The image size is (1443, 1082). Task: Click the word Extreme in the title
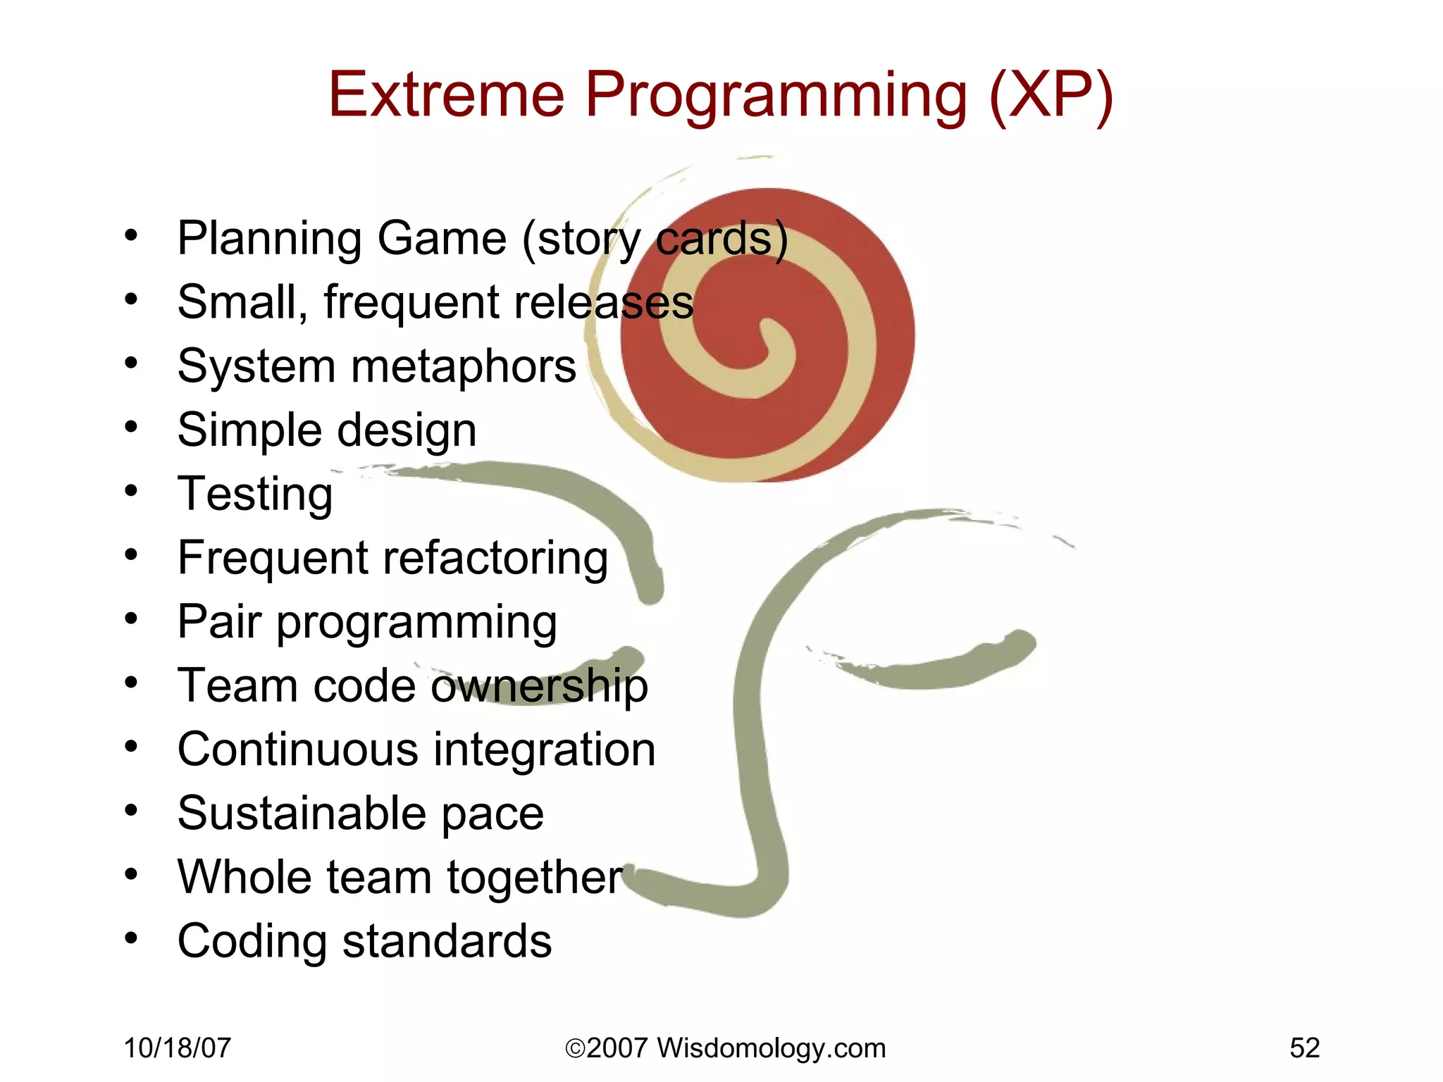tap(446, 94)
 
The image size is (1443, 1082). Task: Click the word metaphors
tap(463, 367)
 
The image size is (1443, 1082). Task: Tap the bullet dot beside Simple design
tap(131, 427)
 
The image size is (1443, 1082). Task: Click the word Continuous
tap(298, 750)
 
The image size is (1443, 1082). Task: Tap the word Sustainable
tap(301, 814)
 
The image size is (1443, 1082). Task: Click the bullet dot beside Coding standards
tap(131, 938)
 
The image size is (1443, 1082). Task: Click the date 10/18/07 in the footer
tap(177, 1048)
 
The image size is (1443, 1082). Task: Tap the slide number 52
tap(1304, 1048)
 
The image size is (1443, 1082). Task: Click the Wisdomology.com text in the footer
tap(771, 1048)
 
